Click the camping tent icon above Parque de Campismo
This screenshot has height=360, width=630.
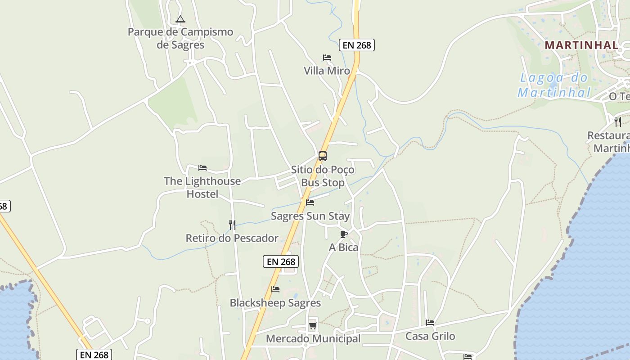[180, 19]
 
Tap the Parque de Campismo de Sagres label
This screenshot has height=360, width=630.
[180, 38]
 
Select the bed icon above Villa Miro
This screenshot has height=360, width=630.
[327, 58]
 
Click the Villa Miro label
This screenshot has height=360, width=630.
[327, 71]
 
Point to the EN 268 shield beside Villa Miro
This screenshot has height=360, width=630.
[357, 45]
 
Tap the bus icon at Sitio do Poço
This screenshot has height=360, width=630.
[323, 156]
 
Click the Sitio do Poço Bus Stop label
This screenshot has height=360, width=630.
[323, 176]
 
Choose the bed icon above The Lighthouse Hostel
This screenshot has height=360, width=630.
[202, 168]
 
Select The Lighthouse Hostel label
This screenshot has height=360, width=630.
[202, 188]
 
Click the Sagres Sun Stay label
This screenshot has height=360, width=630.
[310, 216]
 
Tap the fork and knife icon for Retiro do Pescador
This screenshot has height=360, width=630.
[232, 225]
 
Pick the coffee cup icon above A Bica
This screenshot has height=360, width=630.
[344, 234]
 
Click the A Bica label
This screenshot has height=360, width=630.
[344, 247]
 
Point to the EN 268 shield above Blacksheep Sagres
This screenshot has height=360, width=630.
[281, 261]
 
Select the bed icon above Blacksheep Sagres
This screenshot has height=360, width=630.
[275, 289]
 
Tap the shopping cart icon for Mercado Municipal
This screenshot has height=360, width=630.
[313, 325]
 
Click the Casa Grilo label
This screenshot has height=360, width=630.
[430, 336]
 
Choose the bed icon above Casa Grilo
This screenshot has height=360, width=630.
[430, 323]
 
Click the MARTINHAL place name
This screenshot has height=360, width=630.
[581, 45]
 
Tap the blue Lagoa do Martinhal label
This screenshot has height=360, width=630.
[553, 85]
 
